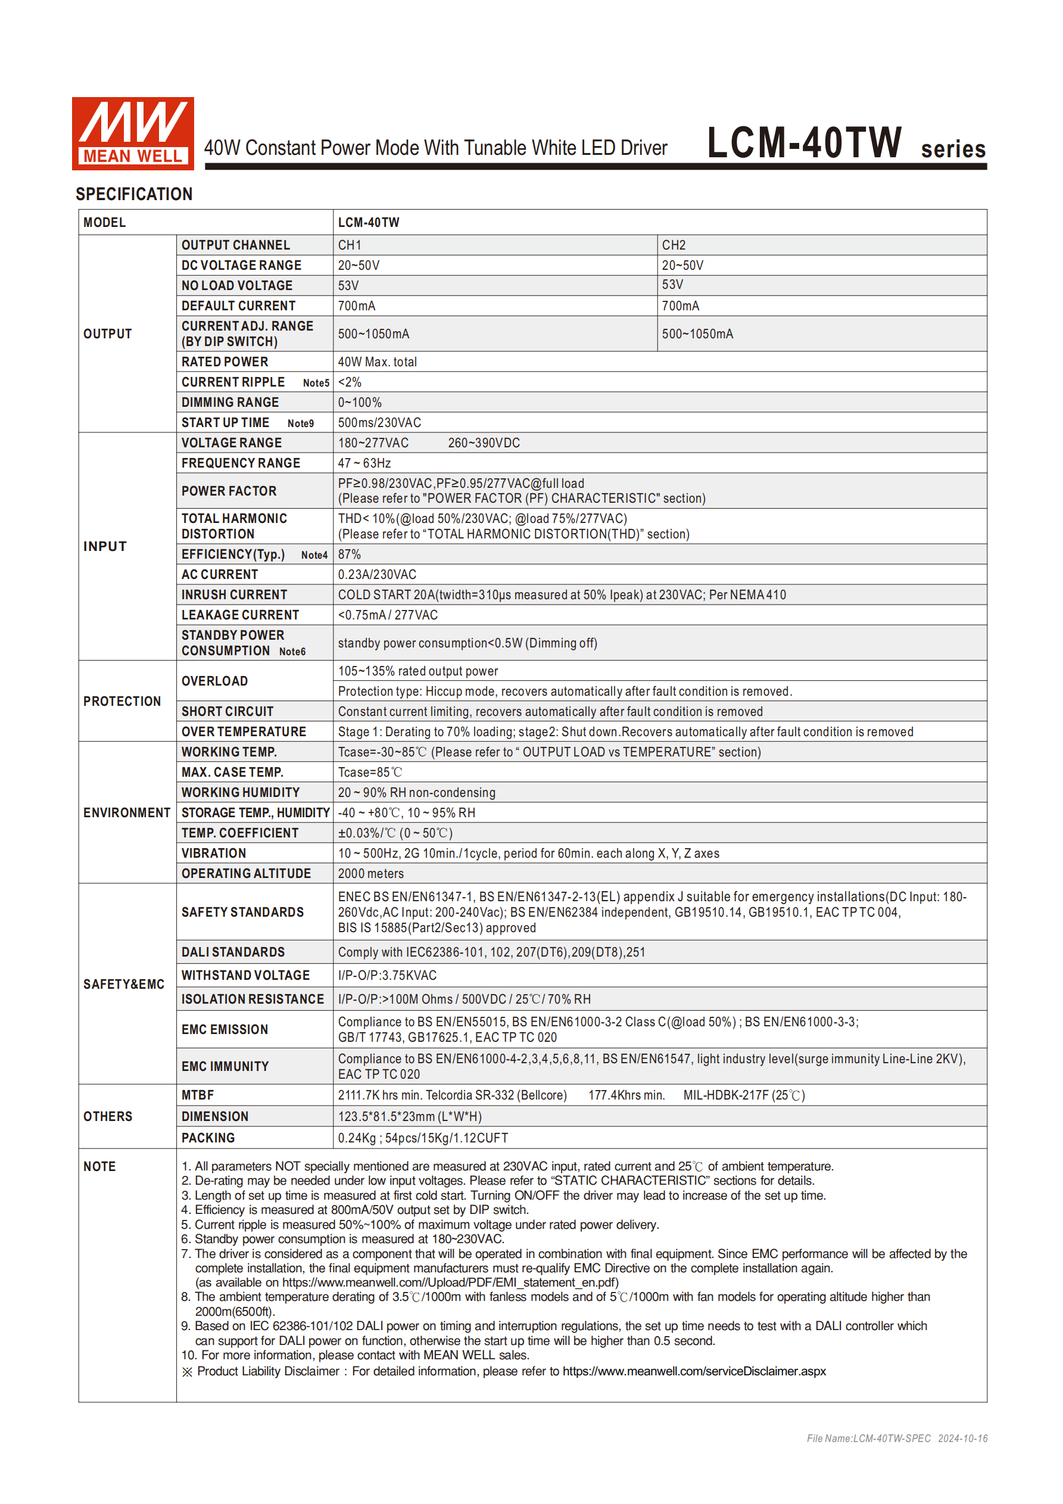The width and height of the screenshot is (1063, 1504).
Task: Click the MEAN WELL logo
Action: point(132,133)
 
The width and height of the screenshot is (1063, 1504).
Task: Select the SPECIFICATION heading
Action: point(133,194)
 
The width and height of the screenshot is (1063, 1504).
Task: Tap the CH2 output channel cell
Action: point(674,245)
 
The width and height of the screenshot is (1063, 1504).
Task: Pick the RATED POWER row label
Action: point(225,362)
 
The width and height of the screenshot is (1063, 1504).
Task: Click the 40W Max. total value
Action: point(377,362)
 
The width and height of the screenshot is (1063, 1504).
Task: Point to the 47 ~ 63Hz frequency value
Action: point(364,463)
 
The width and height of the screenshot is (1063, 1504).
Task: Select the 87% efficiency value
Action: point(349,554)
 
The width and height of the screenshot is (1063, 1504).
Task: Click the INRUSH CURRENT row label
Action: point(234,595)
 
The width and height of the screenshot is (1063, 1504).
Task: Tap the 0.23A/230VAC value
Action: point(376,574)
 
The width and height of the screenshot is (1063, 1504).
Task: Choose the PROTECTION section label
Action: point(122,701)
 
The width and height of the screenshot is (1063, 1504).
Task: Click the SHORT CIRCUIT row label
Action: point(227,711)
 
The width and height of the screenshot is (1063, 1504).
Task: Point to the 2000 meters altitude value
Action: point(370,873)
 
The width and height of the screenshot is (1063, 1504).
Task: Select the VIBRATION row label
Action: point(214,853)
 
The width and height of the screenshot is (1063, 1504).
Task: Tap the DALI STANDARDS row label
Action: point(232,952)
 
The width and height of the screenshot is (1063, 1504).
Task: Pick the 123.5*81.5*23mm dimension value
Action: point(409,1116)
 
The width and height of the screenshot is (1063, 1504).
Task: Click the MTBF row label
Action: point(197,1095)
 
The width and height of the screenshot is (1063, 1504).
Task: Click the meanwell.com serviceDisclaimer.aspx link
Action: point(694,1371)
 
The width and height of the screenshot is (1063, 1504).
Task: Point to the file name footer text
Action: point(897,1438)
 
